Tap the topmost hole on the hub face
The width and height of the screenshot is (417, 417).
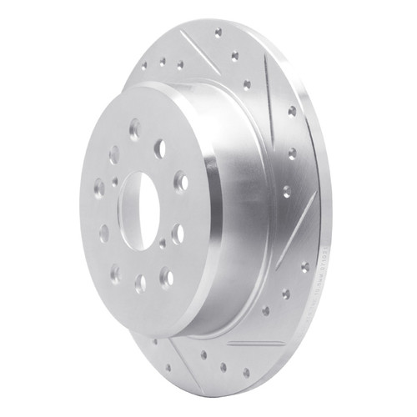point(133,126)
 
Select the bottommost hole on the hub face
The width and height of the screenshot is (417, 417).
point(140,284)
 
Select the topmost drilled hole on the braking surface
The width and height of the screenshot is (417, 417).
point(218,33)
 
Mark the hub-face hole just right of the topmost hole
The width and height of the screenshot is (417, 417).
point(159,148)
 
